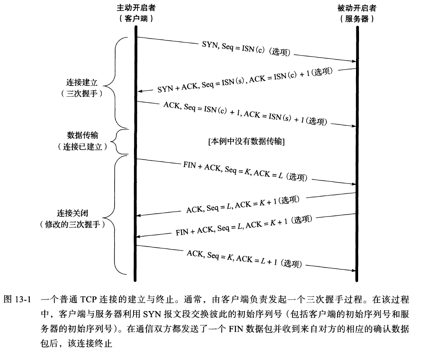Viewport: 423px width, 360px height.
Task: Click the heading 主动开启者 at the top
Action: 136,8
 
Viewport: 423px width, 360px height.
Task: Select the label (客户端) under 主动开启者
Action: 136,19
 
